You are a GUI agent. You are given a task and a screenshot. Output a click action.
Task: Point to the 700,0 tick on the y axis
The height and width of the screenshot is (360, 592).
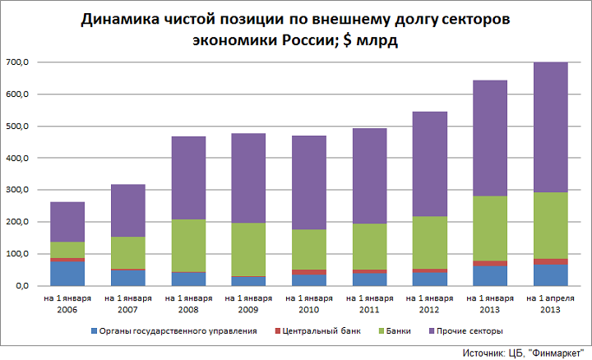click(17, 62)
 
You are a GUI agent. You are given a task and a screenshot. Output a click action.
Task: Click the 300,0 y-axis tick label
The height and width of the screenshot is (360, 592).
click(17, 190)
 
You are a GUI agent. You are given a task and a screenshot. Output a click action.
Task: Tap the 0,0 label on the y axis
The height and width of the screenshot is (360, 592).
click(21, 285)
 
